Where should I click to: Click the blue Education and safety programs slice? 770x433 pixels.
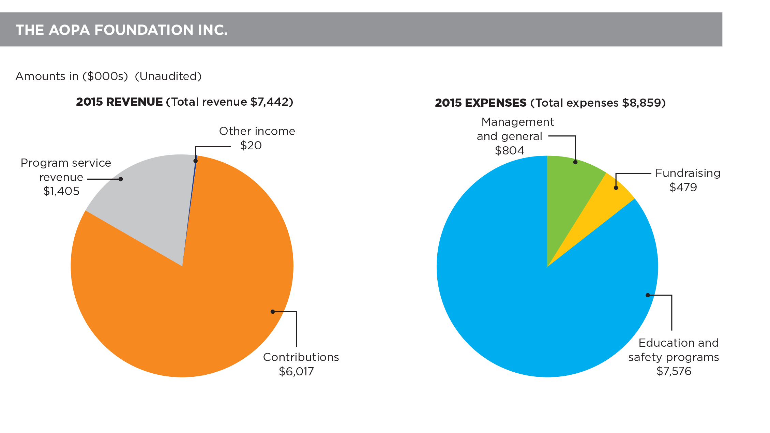(x=511, y=290)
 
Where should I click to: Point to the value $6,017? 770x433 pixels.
(x=296, y=371)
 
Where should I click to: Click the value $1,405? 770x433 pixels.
(x=61, y=191)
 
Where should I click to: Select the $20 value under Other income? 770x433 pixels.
(x=251, y=146)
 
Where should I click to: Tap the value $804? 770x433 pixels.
(x=509, y=151)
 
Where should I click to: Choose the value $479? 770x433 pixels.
(x=683, y=188)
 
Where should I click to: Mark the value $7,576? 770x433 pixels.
(x=674, y=371)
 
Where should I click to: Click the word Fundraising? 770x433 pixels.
(x=688, y=173)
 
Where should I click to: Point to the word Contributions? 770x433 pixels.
(x=301, y=357)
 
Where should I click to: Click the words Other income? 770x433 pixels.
(x=257, y=131)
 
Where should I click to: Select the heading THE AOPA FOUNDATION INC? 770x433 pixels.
(x=121, y=30)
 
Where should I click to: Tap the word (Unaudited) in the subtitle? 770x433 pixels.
(x=168, y=76)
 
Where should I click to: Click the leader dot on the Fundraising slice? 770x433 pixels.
(x=616, y=188)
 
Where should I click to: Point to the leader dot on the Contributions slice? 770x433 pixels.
(x=272, y=312)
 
